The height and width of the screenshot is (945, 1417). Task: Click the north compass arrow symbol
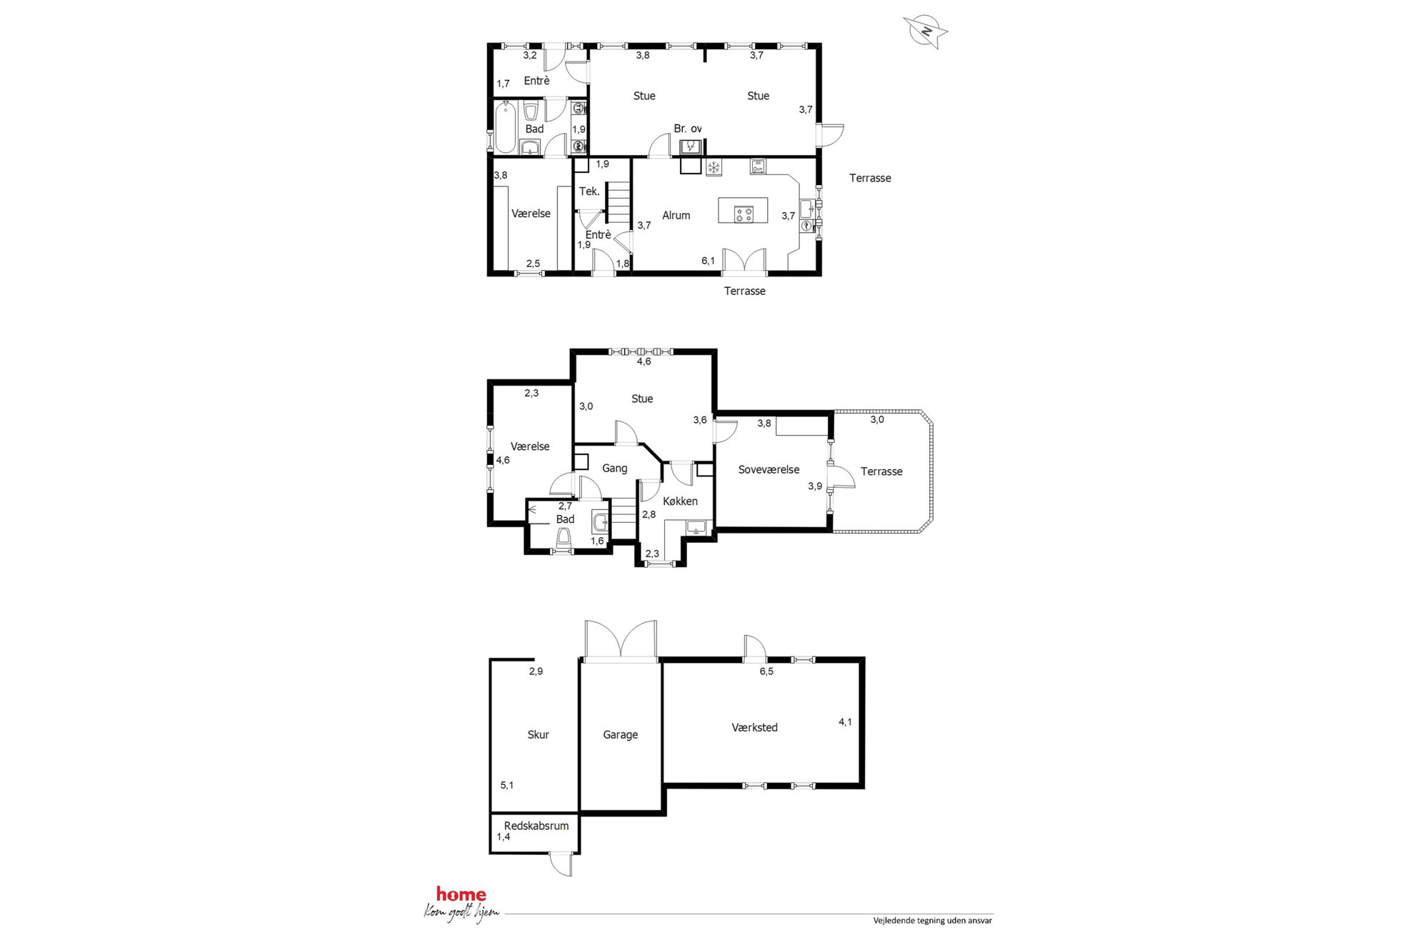click(925, 31)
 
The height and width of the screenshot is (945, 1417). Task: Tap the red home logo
click(461, 894)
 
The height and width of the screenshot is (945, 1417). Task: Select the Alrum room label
click(676, 215)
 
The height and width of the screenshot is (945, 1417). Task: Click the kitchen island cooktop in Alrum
click(743, 214)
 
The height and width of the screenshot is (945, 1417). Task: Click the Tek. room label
click(589, 191)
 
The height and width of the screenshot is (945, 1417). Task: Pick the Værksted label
click(754, 727)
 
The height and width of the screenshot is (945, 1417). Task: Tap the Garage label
click(620, 734)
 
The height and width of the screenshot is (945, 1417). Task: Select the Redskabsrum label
click(536, 826)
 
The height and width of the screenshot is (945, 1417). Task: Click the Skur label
click(538, 734)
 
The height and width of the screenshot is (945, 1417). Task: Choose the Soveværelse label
click(768, 469)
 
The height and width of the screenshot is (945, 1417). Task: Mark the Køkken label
click(680, 501)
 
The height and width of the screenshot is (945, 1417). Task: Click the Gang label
click(614, 469)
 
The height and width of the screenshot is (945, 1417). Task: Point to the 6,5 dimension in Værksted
click(766, 671)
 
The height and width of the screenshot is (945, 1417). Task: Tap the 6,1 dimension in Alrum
click(708, 261)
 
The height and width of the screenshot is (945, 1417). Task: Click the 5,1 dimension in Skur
click(507, 785)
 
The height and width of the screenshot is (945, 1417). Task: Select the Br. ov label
click(687, 129)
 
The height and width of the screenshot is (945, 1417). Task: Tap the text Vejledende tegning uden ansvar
click(932, 921)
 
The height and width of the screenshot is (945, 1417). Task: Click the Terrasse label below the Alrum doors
click(744, 291)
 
